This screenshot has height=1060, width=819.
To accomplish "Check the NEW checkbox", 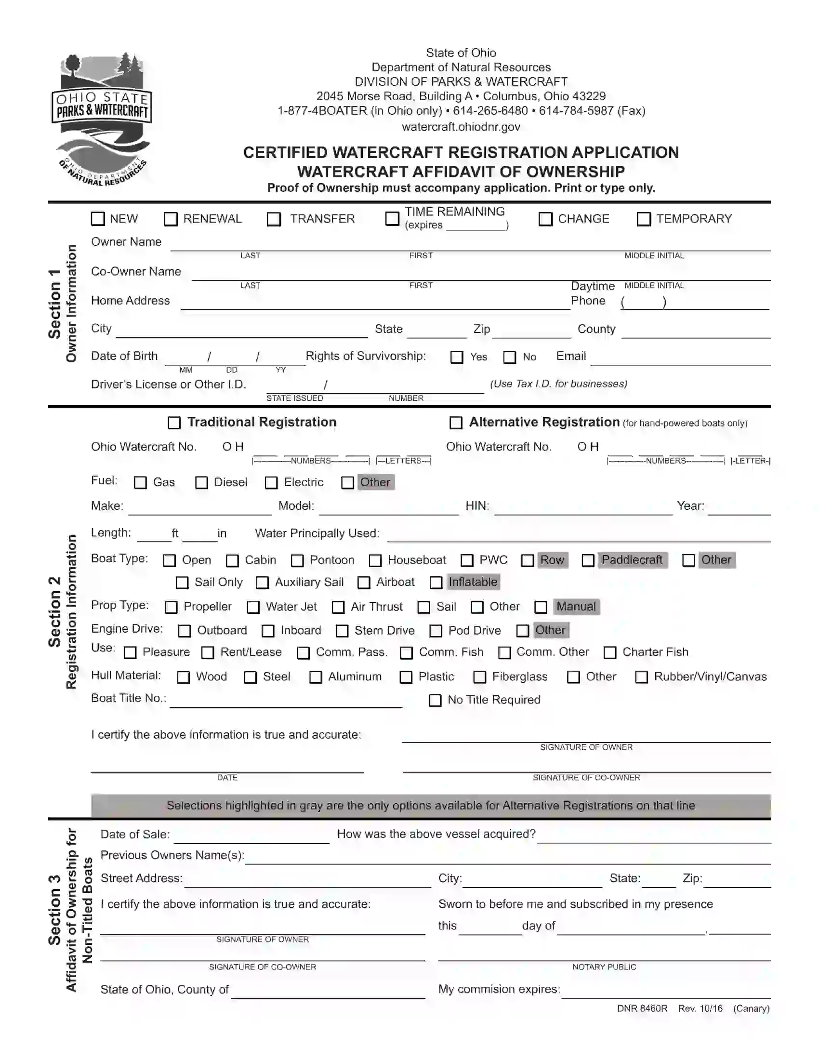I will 98,219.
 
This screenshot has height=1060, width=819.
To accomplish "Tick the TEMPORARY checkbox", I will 643,219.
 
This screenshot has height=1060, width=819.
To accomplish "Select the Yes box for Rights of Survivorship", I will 457,357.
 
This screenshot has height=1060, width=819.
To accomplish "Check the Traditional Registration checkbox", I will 174,423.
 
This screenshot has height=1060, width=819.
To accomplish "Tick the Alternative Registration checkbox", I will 456,423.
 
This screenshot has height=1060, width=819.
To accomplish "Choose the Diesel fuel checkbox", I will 201,482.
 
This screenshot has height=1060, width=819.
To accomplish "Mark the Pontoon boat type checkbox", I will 297,560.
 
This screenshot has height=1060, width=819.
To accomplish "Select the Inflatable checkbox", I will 436,583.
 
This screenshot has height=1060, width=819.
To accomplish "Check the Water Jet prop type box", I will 253,607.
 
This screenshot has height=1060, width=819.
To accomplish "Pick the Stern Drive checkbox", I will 342,631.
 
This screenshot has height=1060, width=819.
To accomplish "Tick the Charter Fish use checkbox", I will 609,653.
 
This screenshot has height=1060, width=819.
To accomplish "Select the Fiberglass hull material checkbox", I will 479,677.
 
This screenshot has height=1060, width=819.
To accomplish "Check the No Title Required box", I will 435,701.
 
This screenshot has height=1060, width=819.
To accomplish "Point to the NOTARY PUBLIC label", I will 604,967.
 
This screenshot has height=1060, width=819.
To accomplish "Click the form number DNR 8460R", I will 641,1008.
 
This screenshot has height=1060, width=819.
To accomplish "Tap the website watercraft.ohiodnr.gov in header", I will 461,127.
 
